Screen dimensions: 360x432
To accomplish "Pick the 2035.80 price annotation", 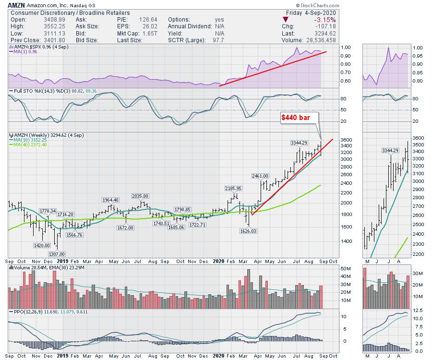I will (139, 196).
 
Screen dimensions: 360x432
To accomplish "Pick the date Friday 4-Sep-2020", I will (312, 12).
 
